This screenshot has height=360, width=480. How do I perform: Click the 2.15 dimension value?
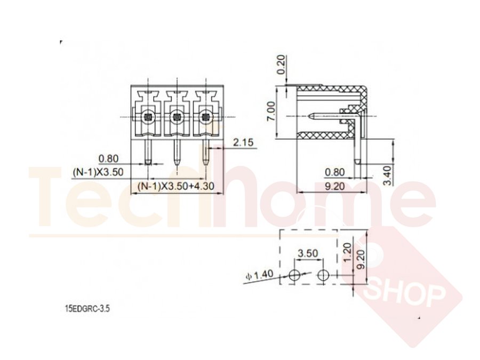(x=243, y=142)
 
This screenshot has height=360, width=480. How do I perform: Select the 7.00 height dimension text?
(x=271, y=111)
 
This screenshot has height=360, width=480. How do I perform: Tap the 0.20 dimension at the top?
(x=281, y=65)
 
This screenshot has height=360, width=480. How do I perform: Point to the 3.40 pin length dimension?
(x=387, y=175)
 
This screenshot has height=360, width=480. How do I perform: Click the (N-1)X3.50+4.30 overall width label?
(x=175, y=186)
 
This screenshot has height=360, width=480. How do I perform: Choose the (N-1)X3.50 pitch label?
(x=98, y=172)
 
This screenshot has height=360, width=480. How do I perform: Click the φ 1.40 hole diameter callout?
(x=260, y=275)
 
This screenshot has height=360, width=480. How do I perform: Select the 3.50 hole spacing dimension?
(x=308, y=253)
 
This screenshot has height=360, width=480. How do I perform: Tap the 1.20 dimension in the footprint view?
(x=347, y=252)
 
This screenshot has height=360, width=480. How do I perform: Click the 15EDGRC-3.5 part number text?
(x=87, y=308)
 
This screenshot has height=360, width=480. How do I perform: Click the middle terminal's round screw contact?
(x=177, y=117)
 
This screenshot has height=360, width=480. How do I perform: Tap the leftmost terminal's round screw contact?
(x=148, y=117)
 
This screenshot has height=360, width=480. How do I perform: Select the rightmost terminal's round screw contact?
(x=206, y=117)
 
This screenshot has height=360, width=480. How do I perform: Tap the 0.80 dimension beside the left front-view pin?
(x=108, y=158)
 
